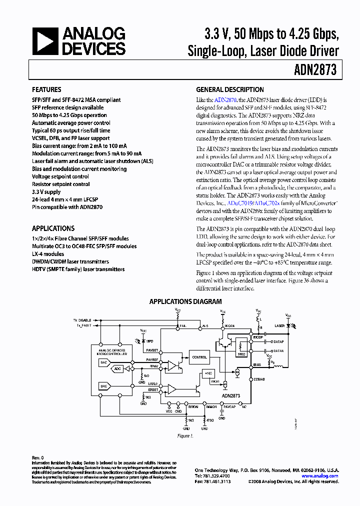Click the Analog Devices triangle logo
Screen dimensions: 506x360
coord(45,41)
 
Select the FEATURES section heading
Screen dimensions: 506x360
coord(47,90)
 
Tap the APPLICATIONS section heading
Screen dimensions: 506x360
coord(53,228)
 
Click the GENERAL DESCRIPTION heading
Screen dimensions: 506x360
coord(229,90)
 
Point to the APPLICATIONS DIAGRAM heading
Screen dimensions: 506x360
coord(185,302)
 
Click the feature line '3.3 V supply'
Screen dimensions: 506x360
coord(46,192)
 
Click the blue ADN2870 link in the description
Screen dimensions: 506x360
coord(225,100)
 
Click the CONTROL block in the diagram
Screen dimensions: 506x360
coord(199,357)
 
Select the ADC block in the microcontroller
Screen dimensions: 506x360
coord(117,369)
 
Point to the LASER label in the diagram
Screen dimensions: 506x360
coord(279,325)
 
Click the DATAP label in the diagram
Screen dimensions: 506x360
coord(277,342)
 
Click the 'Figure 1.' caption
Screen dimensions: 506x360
coord(185,436)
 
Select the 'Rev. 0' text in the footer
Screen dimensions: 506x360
coord(38,457)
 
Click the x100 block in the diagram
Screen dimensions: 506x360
coord(208,373)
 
